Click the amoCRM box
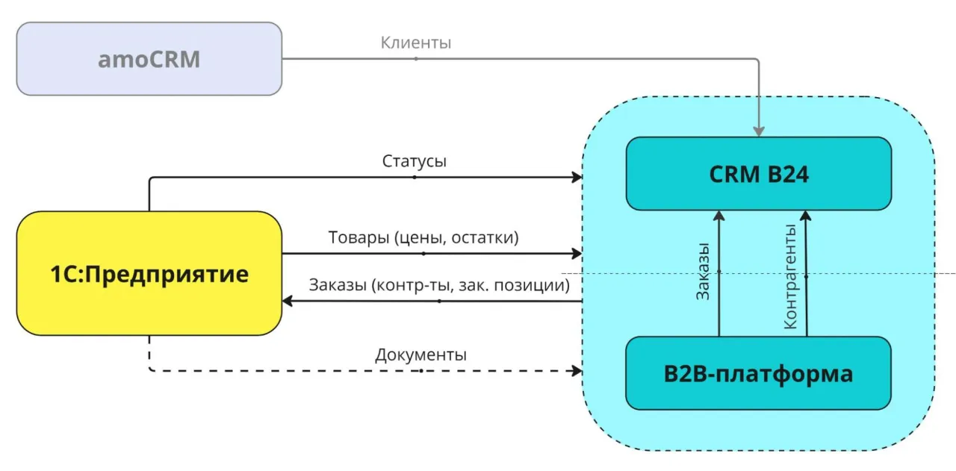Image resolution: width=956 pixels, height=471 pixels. pyautogui.click(x=149, y=59)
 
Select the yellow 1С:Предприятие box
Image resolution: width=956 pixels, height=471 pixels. pyautogui.click(x=149, y=273)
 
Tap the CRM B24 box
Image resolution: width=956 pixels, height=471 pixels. pyautogui.click(x=758, y=174)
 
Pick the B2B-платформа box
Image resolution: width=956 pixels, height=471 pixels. pyautogui.click(x=758, y=373)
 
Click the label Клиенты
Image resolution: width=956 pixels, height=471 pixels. pyautogui.click(x=416, y=43)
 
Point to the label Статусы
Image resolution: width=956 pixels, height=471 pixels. pyautogui.click(x=415, y=161)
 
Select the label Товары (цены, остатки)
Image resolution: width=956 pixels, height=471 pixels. pyautogui.click(x=423, y=237)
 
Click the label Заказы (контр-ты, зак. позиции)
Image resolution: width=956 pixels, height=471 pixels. pyautogui.click(x=439, y=285)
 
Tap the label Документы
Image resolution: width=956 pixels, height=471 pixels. pyautogui.click(x=421, y=355)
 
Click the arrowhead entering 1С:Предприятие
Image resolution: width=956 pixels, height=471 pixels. pyautogui.click(x=288, y=301)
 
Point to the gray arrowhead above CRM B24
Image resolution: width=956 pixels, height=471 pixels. pyautogui.click(x=759, y=131)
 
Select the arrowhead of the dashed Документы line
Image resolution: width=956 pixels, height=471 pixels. pyautogui.click(x=577, y=370)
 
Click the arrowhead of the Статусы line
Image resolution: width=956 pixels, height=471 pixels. pyautogui.click(x=577, y=178)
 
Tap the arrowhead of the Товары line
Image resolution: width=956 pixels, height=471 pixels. pyautogui.click(x=577, y=254)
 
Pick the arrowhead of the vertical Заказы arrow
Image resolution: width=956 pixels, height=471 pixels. pyautogui.click(x=718, y=216)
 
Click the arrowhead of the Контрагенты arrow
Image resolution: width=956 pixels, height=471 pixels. pyautogui.click(x=805, y=216)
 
